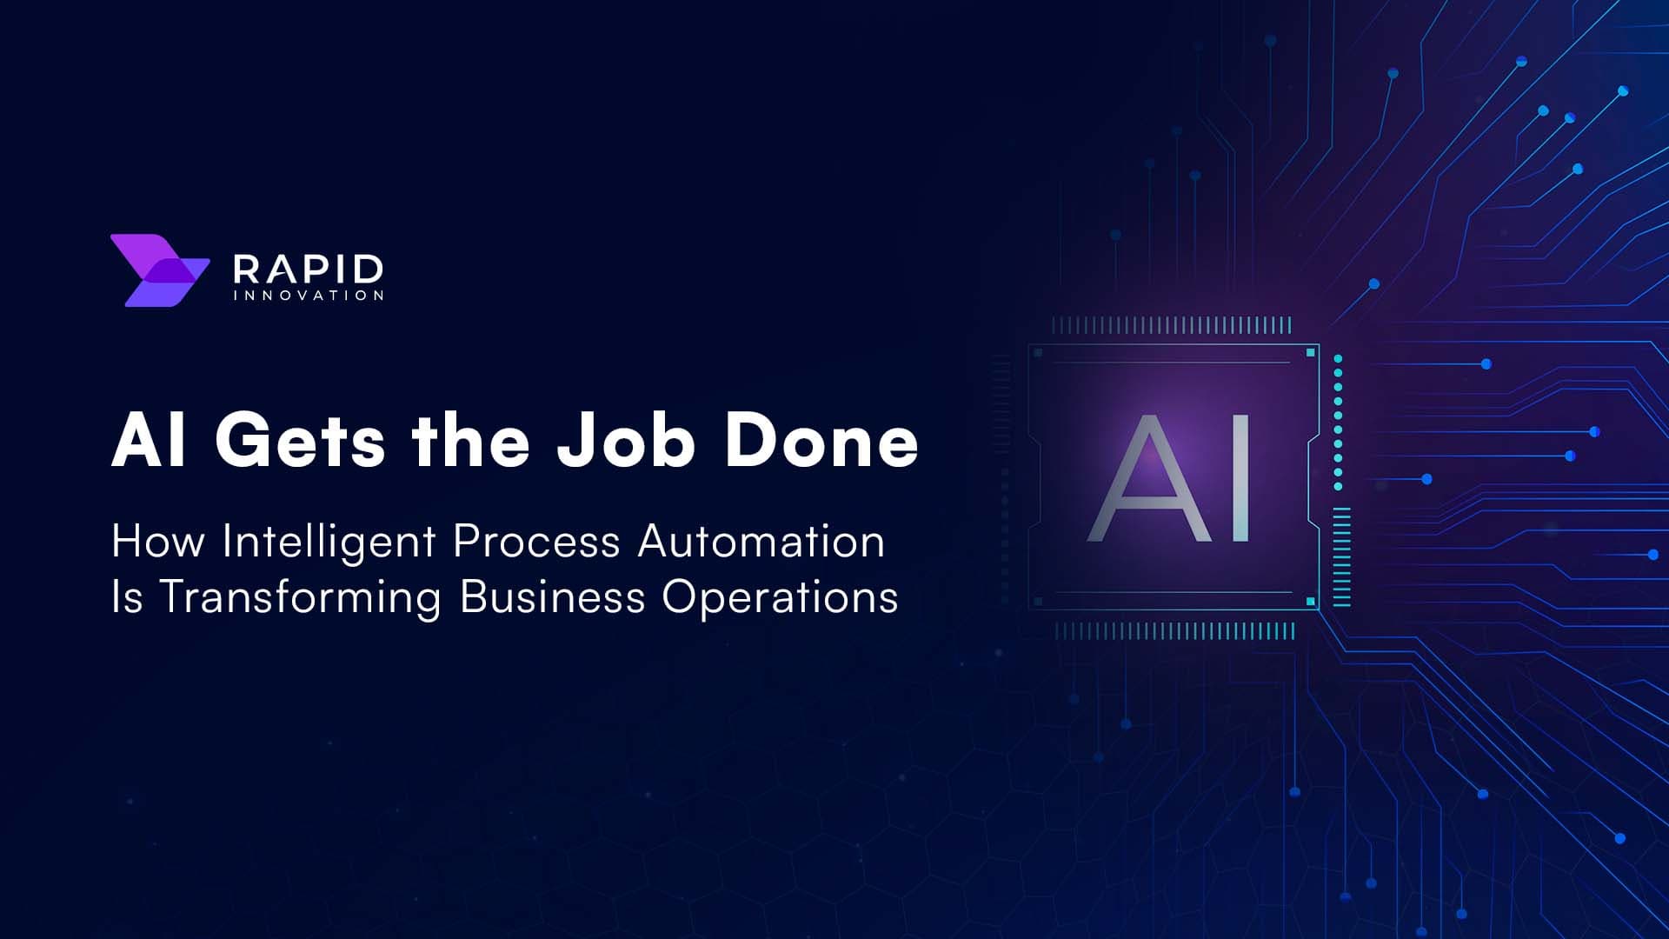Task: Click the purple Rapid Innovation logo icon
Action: pos(160,270)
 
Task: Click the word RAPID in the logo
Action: pos(308,269)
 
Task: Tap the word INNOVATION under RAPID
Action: pos(308,296)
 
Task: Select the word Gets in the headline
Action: pos(300,442)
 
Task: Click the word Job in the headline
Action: pos(626,440)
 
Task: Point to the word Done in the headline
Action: pos(821,441)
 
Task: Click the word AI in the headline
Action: pos(149,441)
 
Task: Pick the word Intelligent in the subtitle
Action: pos(329,543)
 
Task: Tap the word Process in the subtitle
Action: pos(536,542)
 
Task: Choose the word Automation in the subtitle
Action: pos(761,541)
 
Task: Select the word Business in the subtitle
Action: pos(552,597)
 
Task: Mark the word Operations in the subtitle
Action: pos(780,598)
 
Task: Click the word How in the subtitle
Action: pos(158,541)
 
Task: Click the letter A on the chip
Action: pos(1148,477)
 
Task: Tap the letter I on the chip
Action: pos(1240,477)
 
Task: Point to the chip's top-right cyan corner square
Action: pos(1311,352)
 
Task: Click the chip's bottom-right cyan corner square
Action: pos(1311,602)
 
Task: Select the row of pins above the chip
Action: pos(1172,326)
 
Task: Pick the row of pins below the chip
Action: pos(1175,631)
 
